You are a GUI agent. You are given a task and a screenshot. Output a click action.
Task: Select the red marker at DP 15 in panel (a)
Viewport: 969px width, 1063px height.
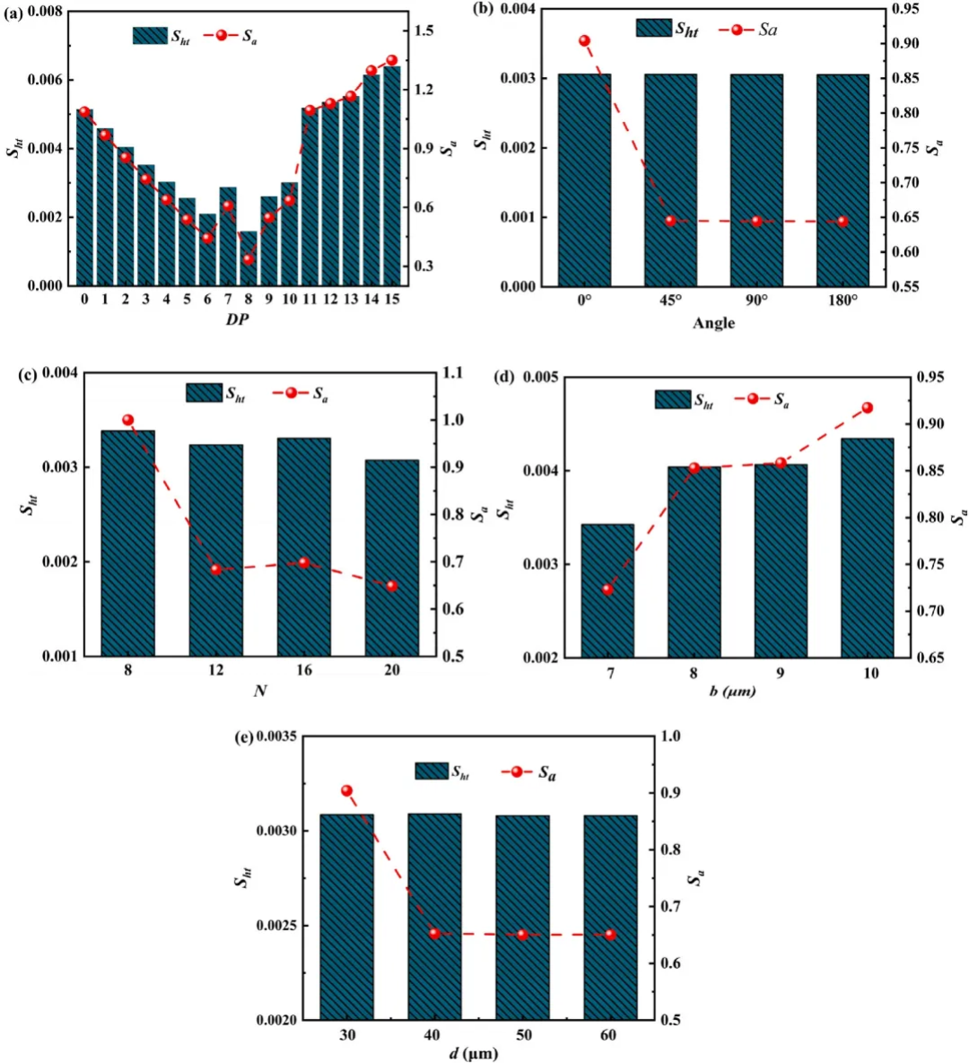[391, 60]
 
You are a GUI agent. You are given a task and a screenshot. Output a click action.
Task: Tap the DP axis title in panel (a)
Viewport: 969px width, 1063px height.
[237, 319]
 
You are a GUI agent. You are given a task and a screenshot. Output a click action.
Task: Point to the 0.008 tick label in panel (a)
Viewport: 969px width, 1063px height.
[44, 12]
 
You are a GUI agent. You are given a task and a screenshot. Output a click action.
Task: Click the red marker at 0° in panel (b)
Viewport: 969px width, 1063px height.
[584, 41]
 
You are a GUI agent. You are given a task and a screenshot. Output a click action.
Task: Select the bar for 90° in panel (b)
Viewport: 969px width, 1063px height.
[755, 179]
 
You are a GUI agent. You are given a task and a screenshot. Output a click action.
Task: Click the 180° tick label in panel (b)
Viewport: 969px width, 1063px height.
[842, 301]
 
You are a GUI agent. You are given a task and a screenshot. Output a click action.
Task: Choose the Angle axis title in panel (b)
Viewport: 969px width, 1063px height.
[713, 323]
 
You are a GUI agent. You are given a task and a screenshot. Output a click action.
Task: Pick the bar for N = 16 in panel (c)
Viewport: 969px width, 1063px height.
[303, 547]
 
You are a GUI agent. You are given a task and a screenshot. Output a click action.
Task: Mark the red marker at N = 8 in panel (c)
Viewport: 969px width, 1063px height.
[127, 420]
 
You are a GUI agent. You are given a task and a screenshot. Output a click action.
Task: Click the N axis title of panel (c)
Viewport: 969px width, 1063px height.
[259, 691]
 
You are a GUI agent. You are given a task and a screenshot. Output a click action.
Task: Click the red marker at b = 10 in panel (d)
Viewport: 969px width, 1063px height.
[868, 408]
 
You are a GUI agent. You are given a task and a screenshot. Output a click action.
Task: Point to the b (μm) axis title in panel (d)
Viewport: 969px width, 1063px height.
[732, 692]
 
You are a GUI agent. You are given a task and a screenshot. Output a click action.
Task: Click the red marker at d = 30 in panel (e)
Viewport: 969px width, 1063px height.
[346, 791]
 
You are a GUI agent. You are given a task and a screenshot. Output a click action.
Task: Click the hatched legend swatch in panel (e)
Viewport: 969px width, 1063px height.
[431, 771]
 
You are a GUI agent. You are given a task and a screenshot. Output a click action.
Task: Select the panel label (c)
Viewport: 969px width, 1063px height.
[28, 373]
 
